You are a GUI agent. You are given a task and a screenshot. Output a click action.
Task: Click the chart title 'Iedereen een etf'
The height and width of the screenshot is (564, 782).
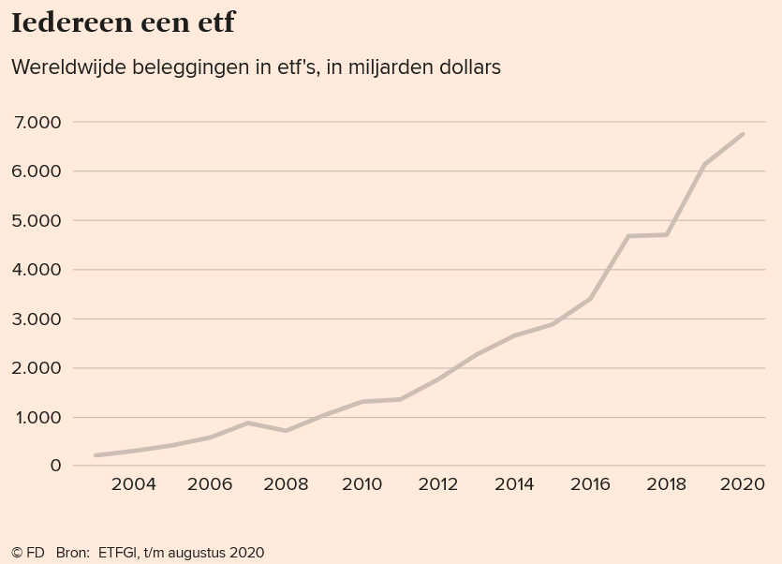tap(123, 23)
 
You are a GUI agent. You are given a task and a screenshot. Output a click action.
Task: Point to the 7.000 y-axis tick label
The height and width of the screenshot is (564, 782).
tap(38, 123)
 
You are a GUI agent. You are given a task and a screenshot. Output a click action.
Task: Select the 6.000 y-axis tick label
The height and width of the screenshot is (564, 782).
tap(38, 171)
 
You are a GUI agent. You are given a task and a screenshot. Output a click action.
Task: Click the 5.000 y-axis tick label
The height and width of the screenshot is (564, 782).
tap(38, 221)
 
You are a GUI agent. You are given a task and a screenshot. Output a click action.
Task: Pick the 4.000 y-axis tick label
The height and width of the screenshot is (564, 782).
tap(38, 270)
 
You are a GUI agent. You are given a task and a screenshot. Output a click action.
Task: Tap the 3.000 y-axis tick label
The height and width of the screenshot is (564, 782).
tap(38, 319)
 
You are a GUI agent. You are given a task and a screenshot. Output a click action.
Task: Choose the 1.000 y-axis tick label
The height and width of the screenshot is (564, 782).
tap(38, 418)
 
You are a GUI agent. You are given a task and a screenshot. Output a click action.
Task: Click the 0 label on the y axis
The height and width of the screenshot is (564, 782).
tap(55, 467)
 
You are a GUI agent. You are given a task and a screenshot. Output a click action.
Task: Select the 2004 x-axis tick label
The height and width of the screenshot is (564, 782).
tap(134, 484)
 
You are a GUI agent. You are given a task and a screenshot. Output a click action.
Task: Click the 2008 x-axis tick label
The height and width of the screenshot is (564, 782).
tap(286, 484)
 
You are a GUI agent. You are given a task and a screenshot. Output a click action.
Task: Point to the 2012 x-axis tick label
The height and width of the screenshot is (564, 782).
tap(437, 484)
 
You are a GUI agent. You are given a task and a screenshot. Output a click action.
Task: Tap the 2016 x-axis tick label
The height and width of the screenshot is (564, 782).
tap(590, 484)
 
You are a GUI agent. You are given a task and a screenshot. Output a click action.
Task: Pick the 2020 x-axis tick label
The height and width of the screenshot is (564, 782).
tap(742, 484)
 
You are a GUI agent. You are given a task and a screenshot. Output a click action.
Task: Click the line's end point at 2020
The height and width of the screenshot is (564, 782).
tap(743, 134)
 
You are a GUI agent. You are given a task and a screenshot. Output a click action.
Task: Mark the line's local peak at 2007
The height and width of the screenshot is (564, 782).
tap(248, 423)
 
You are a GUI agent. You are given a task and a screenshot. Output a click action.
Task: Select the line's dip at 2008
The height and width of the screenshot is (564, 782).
tap(286, 431)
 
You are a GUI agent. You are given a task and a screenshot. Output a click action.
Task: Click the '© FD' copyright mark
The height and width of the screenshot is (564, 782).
tap(28, 553)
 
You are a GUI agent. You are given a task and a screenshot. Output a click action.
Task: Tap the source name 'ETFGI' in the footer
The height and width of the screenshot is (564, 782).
tap(118, 553)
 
